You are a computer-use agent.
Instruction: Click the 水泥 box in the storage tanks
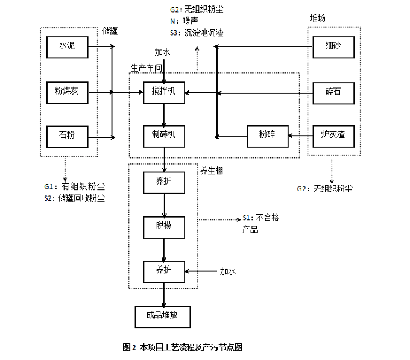pos(66,46)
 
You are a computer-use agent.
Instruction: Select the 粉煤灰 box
pos(66,92)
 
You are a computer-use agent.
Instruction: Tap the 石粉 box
pos(66,134)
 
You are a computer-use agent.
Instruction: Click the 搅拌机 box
pos(163,92)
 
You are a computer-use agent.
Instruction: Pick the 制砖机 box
pos(163,134)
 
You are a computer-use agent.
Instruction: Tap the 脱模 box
pos(163,226)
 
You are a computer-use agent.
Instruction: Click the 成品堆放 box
pos(163,315)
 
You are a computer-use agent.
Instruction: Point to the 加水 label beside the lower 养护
pos(228,271)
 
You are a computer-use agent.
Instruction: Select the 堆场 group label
pos(318,18)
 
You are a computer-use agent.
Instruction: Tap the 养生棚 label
pos(212,172)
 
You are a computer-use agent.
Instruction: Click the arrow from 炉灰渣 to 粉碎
pos(299,134)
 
